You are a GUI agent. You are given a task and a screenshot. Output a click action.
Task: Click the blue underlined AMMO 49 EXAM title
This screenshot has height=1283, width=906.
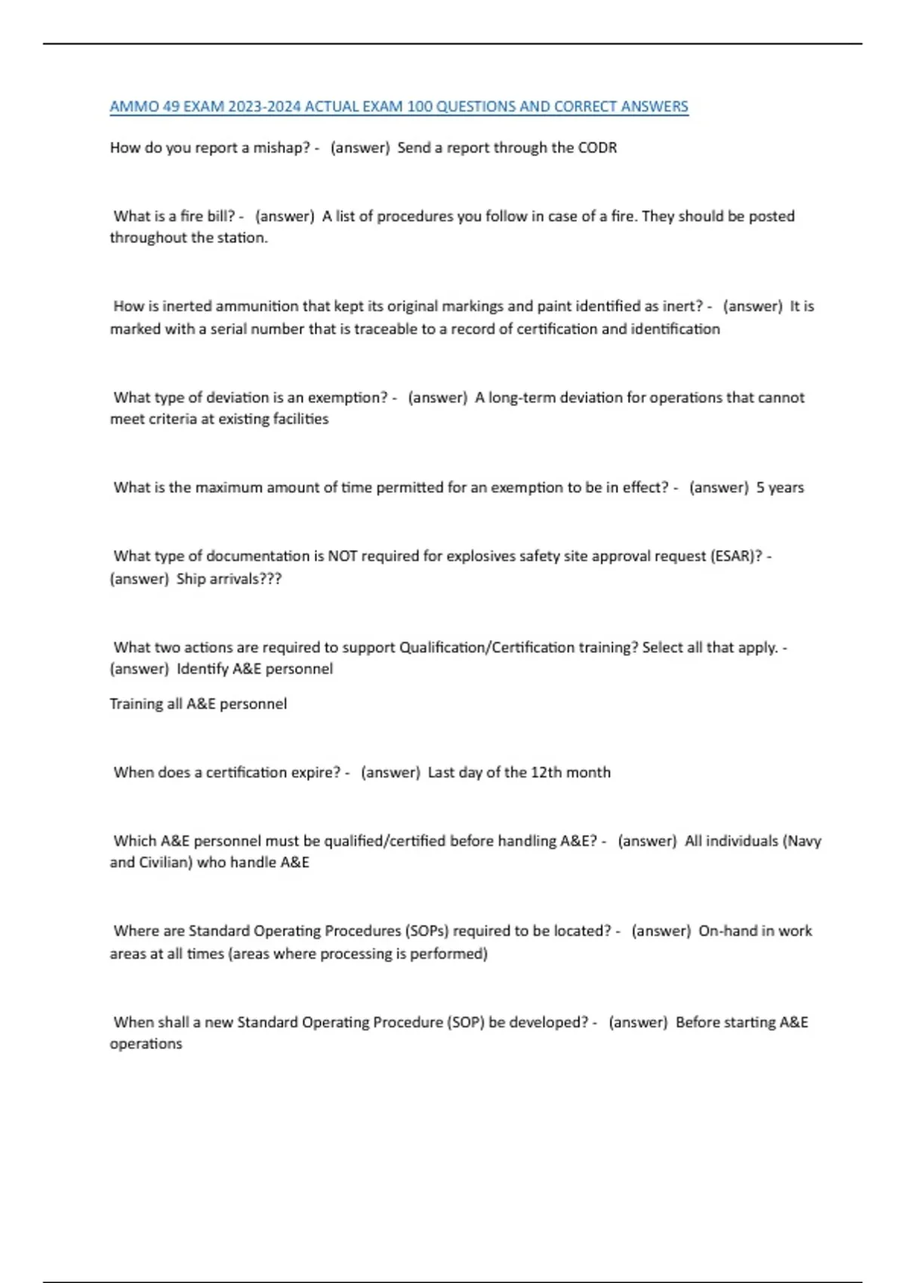(x=399, y=106)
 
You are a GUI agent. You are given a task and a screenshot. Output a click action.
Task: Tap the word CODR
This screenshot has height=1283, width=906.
(x=597, y=148)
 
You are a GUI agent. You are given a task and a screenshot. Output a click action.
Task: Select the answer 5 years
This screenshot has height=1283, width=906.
(x=780, y=488)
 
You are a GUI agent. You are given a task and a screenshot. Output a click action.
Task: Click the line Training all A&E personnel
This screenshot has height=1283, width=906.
(x=198, y=704)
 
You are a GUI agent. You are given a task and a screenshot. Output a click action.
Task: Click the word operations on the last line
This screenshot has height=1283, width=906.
(x=146, y=1044)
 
